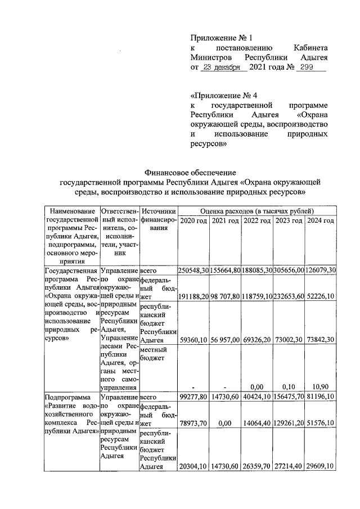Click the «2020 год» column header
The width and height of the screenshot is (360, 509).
point(193,220)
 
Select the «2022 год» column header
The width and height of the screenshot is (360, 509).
point(258,220)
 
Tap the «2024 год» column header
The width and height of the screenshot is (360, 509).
point(321,220)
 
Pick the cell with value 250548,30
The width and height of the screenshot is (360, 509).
point(193,271)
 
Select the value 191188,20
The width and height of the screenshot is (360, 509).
point(193,296)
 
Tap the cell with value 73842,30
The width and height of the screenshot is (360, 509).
point(321,340)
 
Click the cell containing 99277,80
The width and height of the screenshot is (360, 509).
point(193,397)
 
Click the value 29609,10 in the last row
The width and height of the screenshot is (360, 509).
point(321,466)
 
